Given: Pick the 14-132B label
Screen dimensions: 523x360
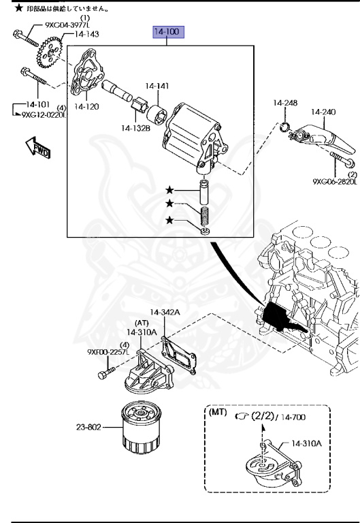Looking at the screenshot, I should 137,128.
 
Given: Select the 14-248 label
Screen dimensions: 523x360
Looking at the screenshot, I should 287,104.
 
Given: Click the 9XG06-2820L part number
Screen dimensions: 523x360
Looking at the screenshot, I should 335,183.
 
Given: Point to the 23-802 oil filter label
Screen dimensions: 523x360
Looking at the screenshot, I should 90,428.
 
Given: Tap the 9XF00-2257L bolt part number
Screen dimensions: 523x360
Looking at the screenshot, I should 109,352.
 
